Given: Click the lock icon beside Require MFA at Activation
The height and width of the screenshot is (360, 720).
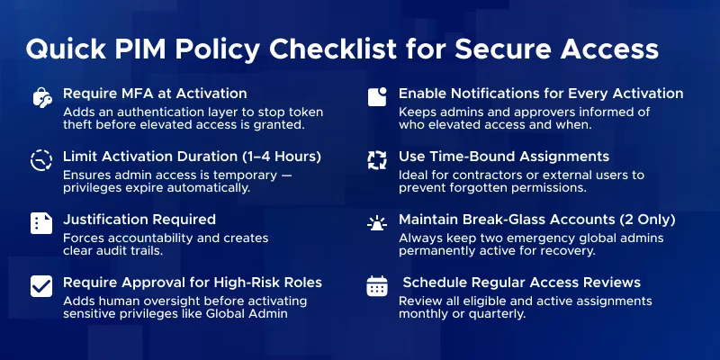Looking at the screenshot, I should pos(41,98).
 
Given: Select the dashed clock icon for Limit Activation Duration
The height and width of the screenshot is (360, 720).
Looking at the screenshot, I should pos(41,161).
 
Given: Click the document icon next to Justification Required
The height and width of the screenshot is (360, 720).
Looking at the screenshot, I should pos(41,223).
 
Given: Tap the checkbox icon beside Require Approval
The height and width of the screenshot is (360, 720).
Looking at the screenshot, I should pos(41,286).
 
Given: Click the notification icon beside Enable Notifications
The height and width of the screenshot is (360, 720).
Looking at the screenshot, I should pos(377,97).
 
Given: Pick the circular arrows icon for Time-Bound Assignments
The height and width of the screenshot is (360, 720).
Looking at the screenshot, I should pos(377,161).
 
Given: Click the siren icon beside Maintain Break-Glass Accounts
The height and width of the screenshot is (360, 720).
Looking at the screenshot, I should pos(377,223).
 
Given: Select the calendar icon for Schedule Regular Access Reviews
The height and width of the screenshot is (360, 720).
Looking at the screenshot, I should pos(377,286).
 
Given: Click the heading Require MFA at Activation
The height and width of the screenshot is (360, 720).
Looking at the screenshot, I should pos(154,94).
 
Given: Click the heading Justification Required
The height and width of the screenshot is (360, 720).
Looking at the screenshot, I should pos(139,219).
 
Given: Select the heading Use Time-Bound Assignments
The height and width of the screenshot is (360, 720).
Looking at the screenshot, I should pos(504,157).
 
